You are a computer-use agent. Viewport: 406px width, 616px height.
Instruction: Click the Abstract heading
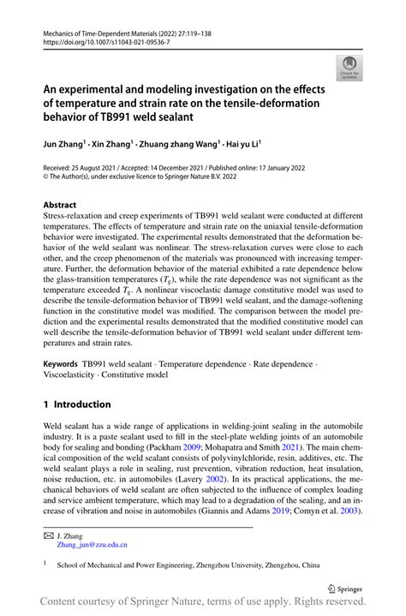(x=65, y=206)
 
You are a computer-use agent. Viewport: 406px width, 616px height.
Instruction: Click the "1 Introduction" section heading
(x=77, y=404)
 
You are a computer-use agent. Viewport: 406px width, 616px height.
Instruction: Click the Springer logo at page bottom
(x=351, y=589)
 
